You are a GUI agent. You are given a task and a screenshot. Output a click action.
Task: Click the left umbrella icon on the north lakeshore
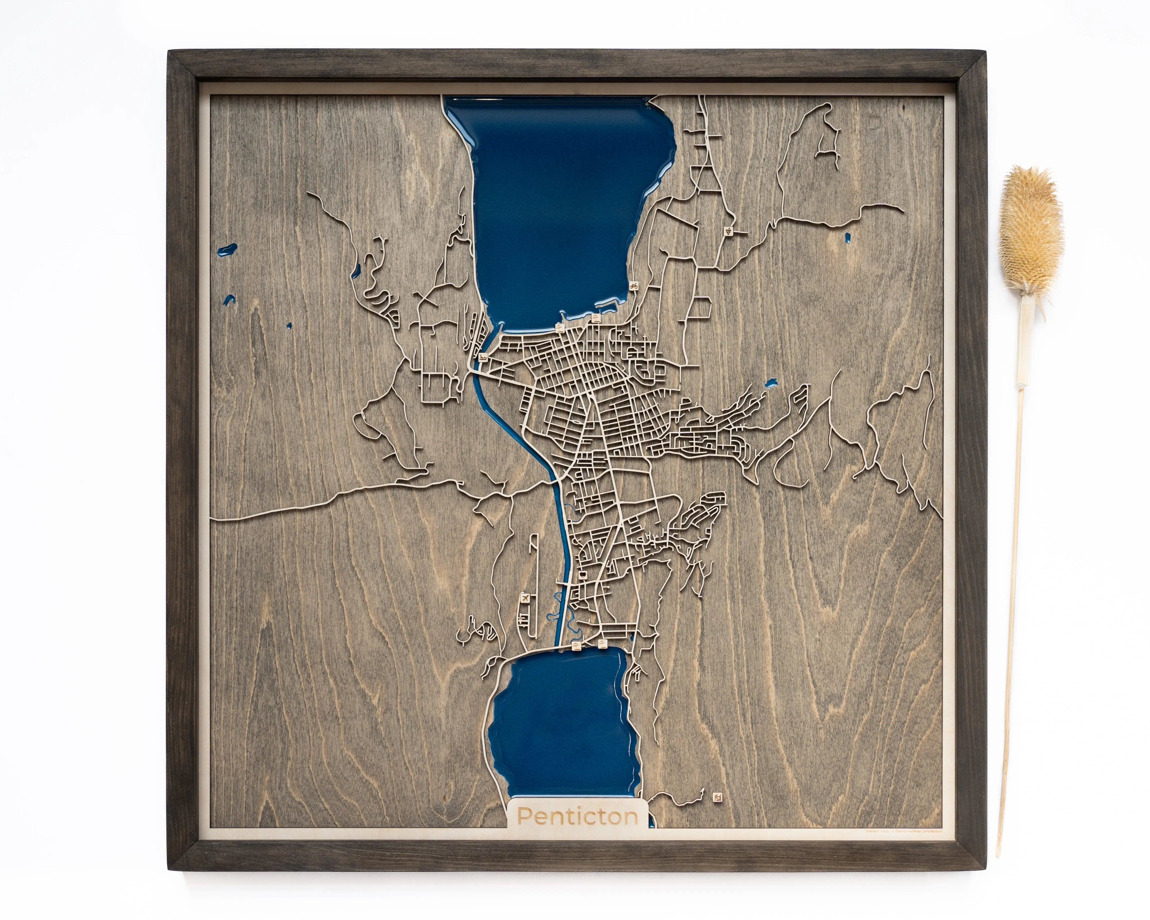560,327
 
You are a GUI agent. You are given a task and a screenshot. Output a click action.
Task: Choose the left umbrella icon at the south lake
576,646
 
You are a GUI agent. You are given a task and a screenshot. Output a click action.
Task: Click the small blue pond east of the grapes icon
847,238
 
